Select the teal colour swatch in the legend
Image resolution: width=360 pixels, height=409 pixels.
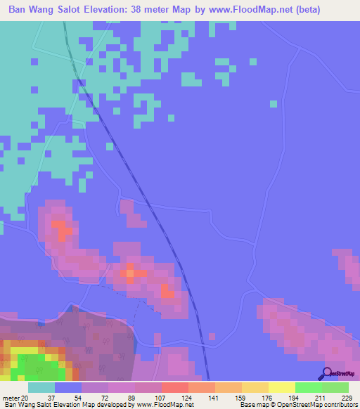pyautogui.click(x=41, y=387)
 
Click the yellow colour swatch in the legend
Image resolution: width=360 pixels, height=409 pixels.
pyautogui.click(x=281, y=387)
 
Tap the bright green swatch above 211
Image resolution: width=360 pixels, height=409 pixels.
pyautogui.click(x=308, y=387)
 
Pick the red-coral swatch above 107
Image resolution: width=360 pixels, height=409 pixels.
pyautogui.click(x=174, y=387)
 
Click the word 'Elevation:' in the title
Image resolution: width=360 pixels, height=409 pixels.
pyautogui.click(x=121, y=10)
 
